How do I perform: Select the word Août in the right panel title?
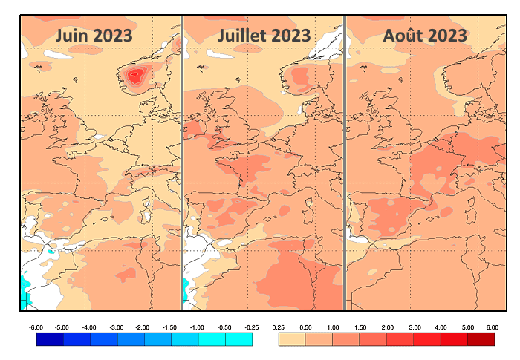click(406, 35)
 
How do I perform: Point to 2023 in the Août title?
click(447, 35)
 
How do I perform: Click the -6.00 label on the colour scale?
click(36, 327)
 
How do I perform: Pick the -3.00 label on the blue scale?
click(117, 327)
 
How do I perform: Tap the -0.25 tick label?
click(252, 327)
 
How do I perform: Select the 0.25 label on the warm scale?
click(279, 327)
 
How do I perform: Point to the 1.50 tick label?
click(360, 327)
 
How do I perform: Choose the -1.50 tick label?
click(170, 327)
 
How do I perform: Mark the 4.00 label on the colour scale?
click(441, 327)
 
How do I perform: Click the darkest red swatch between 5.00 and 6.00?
click(481, 339)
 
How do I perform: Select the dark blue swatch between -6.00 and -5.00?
click(49, 339)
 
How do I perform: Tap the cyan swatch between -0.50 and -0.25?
click(238, 339)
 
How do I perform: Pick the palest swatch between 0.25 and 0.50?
click(292, 339)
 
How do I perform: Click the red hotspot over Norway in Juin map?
click(135, 74)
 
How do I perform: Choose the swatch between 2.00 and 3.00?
click(400, 339)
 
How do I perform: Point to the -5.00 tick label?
click(63, 327)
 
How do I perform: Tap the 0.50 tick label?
click(305, 327)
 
